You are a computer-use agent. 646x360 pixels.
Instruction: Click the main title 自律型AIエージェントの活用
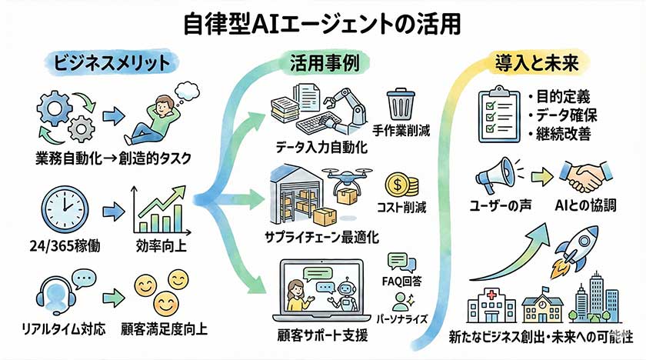[x=323, y=23]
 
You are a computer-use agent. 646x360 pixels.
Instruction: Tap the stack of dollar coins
[x=402, y=184]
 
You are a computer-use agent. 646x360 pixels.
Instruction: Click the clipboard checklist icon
[x=496, y=115]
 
